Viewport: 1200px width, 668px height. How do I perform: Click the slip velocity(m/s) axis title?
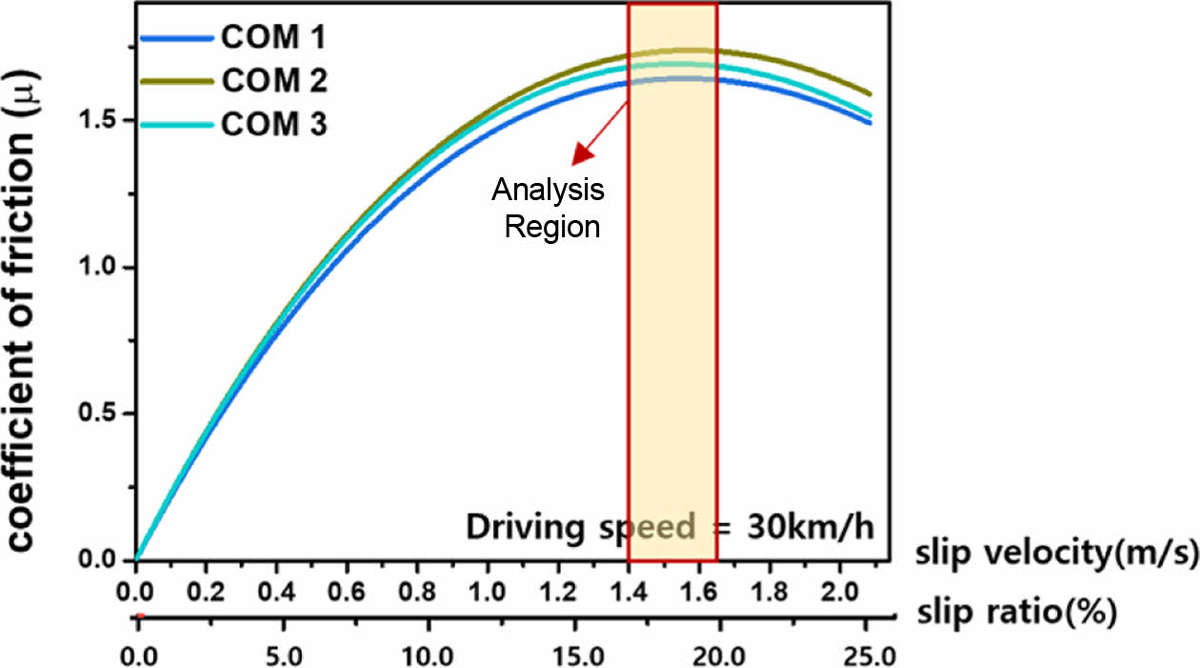pyautogui.click(x=1056, y=555)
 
